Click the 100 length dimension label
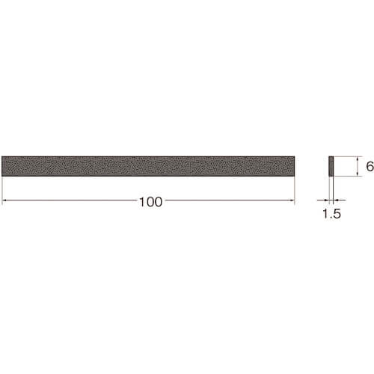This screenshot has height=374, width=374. pyautogui.click(x=150, y=202)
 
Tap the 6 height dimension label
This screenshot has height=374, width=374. pyautogui.click(x=370, y=166)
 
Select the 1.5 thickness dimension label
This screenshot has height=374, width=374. pyautogui.click(x=331, y=214)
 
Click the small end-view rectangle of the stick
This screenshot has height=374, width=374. pyautogui.click(x=331, y=166)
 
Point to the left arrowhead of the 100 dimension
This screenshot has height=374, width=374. pyautogui.click(x=4, y=200)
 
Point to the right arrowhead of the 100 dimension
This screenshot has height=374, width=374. pyautogui.click(x=292, y=200)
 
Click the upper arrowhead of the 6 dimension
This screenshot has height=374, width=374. pyautogui.click(x=358, y=159)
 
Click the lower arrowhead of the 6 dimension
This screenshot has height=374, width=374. pyautogui.click(x=358, y=174)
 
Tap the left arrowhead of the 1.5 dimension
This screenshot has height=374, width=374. pyautogui.click(x=326, y=200)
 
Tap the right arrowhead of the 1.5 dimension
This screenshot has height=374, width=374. pyautogui.click(x=336, y=200)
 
